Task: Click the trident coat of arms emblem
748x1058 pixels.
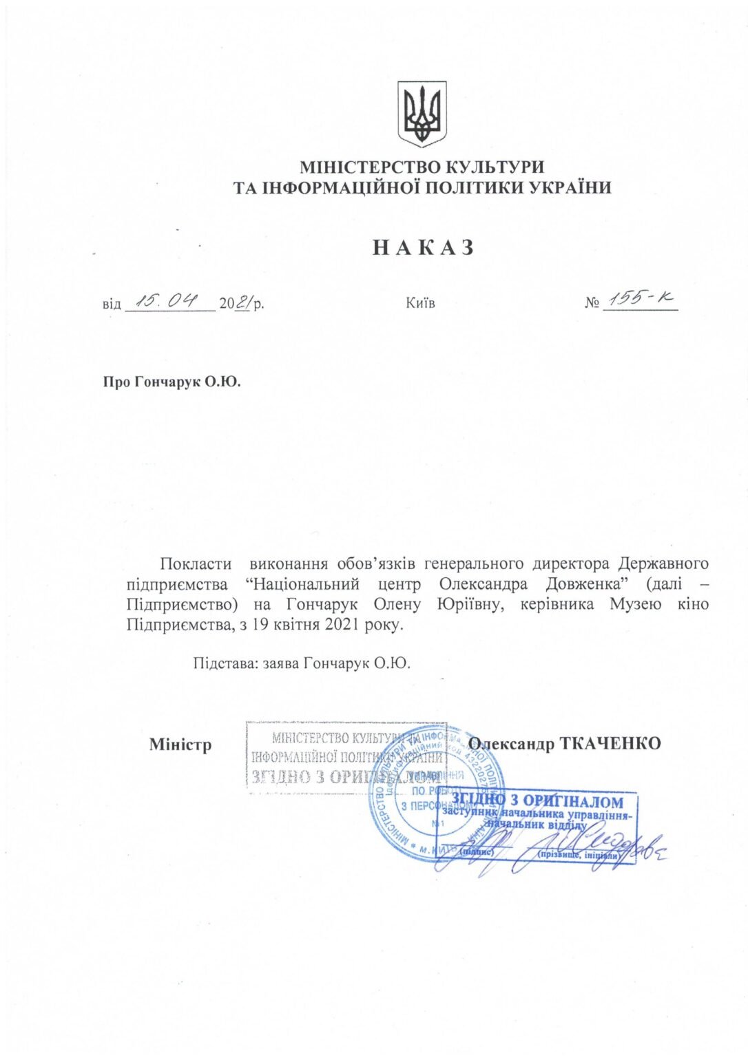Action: coord(422,113)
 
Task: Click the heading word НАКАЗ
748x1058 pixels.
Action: coord(423,247)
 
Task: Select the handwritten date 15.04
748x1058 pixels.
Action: coord(169,300)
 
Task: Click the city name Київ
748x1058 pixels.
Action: coord(420,303)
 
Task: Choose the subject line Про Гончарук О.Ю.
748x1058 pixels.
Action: coord(172,382)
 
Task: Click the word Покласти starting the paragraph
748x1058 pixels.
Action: coord(195,564)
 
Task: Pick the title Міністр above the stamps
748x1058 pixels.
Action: coord(180,745)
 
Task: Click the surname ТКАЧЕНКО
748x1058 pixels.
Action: coord(610,744)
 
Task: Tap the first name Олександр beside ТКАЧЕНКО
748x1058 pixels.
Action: coord(512,744)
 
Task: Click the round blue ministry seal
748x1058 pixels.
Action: coord(435,792)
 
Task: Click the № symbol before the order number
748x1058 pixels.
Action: coord(592,304)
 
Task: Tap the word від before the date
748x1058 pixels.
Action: coord(112,304)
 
